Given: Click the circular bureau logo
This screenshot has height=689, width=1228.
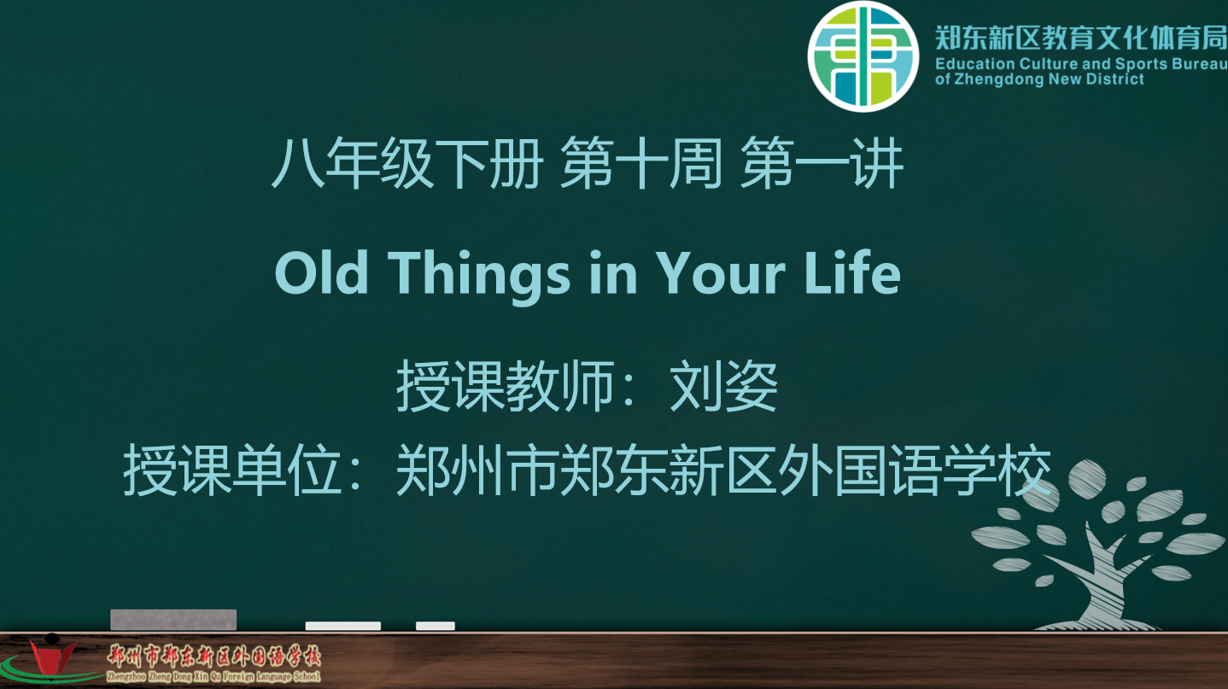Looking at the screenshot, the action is (863, 56).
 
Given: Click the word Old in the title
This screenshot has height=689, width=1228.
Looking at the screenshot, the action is (321, 273).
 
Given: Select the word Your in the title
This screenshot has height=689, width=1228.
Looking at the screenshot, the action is (721, 273).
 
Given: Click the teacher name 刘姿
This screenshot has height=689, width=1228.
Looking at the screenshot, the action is (723, 386).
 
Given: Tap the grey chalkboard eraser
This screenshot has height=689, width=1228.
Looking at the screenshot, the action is (173, 619).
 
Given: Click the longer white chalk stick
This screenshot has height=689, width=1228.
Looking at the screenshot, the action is (342, 626).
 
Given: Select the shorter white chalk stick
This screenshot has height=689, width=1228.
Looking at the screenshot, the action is (436, 626).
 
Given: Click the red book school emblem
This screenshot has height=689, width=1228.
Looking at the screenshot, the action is (52, 657).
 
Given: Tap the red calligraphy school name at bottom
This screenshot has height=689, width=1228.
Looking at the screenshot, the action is (213, 656).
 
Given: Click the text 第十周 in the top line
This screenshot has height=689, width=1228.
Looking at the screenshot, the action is (640, 163).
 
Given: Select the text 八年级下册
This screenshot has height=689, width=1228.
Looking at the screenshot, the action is (407, 163).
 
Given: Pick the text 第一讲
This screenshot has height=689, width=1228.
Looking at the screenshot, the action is (822, 163).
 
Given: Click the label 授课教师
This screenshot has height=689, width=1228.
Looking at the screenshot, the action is (505, 386).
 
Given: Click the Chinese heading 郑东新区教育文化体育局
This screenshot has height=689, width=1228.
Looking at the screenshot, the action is (1080, 38).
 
